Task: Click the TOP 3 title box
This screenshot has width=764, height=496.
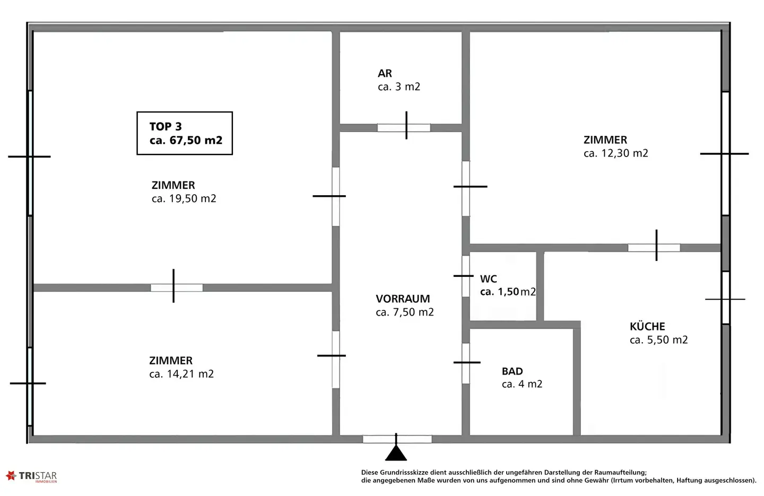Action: coord(185,133)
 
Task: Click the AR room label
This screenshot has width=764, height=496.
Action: coord(385,73)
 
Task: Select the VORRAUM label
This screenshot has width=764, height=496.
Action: coord(403,299)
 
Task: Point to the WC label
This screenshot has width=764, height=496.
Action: coord(489,279)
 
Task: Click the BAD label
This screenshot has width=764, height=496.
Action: coord(513,371)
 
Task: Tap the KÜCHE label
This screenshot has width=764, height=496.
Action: coord(647,326)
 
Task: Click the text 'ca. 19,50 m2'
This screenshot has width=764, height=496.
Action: coord(184,198)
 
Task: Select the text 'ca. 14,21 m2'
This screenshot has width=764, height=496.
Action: coord(181,374)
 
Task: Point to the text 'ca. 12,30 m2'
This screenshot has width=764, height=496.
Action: coord(615,153)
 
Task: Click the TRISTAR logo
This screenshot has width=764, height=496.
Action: coord(31,476)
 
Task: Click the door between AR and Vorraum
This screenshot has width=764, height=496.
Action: coord(404,128)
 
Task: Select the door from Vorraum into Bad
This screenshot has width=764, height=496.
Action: coord(466,363)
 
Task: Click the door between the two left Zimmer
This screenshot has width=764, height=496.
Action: coord(176,288)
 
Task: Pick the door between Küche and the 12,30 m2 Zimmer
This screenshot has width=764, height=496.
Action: coord(654,248)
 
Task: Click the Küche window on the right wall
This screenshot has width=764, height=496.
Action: coord(726,298)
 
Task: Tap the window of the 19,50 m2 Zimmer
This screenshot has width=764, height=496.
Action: coord(30,153)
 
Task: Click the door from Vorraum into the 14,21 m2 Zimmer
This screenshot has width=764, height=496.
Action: coord(336,359)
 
